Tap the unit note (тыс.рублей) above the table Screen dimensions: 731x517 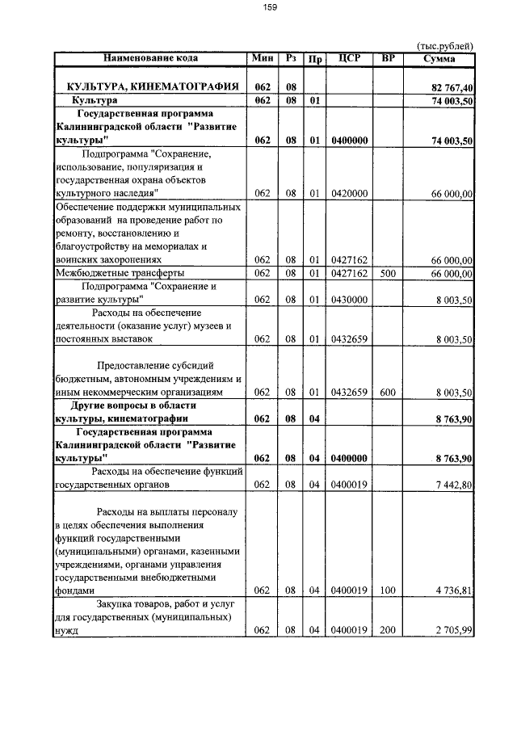(x=444, y=46)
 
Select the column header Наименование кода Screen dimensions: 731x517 (x=149, y=58)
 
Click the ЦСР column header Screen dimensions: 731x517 (x=349, y=58)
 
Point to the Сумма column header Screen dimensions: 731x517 (x=439, y=58)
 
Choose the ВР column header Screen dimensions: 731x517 (x=388, y=58)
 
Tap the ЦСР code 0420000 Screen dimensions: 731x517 (x=349, y=194)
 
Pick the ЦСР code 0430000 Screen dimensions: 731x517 (x=349, y=300)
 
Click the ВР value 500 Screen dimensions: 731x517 (x=388, y=274)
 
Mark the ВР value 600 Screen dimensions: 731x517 (x=388, y=393)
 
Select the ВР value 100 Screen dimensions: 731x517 (x=388, y=591)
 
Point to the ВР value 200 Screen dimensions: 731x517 (x=388, y=631)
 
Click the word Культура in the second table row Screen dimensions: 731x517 (x=95, y=101)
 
